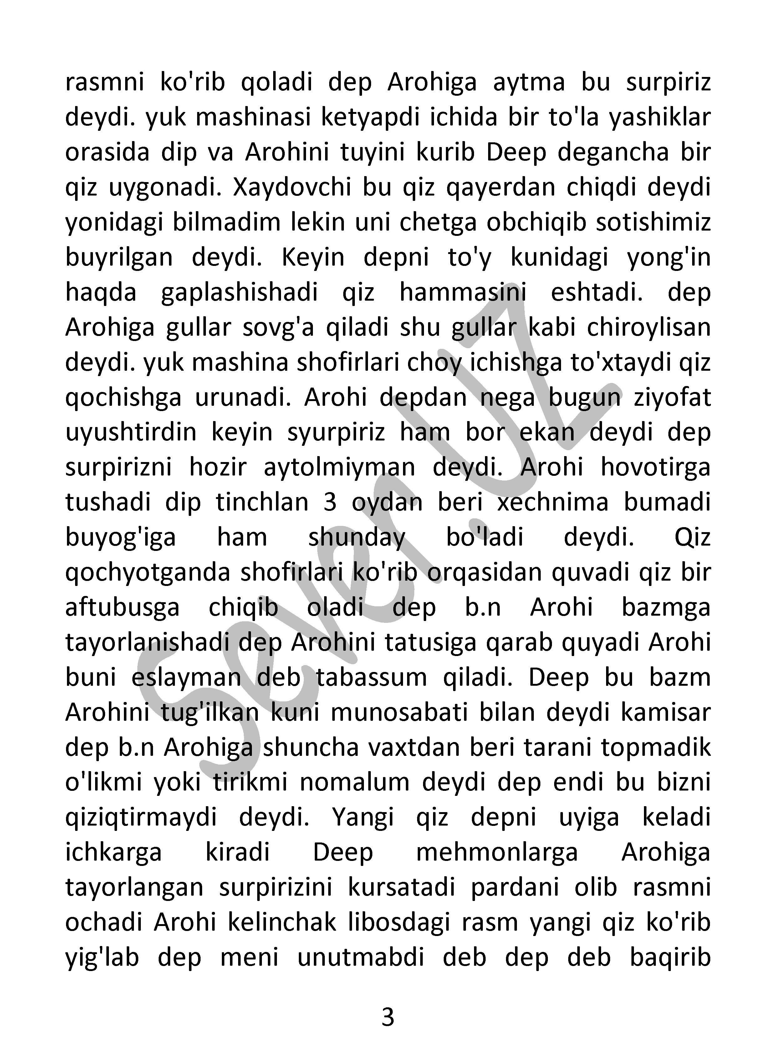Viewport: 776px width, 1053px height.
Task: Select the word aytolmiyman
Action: pyautogui.click(x=339, y=468)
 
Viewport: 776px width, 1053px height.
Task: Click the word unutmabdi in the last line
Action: pyautogui.click(x=361, y=958)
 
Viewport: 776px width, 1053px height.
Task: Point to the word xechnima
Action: pyautogui.click(x=552, y=502)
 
